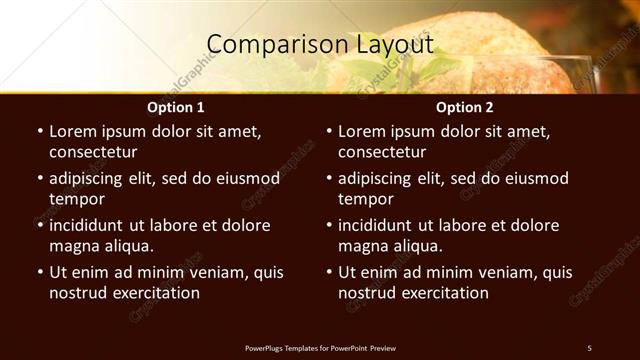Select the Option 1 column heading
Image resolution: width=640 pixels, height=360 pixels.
(175, 107)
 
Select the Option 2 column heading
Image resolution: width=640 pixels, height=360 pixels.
(464, 107)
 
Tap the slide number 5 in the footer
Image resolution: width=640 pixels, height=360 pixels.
(589, 348)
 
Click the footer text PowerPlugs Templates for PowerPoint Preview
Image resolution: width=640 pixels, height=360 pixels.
(320, 348)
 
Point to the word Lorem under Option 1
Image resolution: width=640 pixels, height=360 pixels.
(73, 131)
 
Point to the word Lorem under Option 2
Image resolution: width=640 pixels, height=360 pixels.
(362, 131)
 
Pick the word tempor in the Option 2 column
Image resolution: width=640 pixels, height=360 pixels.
(365, 199)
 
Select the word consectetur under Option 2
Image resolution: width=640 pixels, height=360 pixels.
(382, 152)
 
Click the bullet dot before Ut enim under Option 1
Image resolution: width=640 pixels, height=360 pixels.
(39, 272)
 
